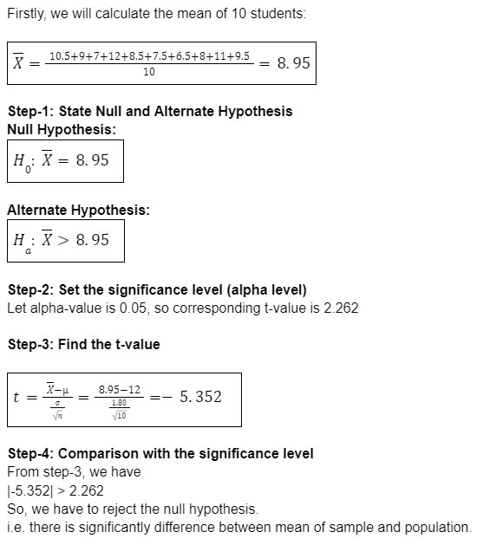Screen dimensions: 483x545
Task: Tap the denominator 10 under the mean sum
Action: pyautogui.click(x=148, y=73)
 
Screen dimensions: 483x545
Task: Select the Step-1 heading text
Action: pyautogui.click(x=149, y=111)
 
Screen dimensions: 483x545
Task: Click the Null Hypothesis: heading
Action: pyautogui.click(x=61, y=129)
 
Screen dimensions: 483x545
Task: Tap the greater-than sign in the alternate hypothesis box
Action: pyautogui.click(x=64, y=240)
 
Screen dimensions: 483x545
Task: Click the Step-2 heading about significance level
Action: pyautogui.click(x=157, y=289)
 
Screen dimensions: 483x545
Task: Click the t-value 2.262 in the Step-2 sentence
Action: pyautogui.click(x=341, y=308)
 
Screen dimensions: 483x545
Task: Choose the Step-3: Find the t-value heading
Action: pyautogui.click(x=83, y=344)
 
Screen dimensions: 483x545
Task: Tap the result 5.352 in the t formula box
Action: pyautogui.click(x=200, y=397)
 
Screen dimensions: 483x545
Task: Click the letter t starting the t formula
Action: pyautogui.click(x=16, y=398)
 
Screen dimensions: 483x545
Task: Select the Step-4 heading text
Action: pyautogui.click(x=160, y=453)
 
